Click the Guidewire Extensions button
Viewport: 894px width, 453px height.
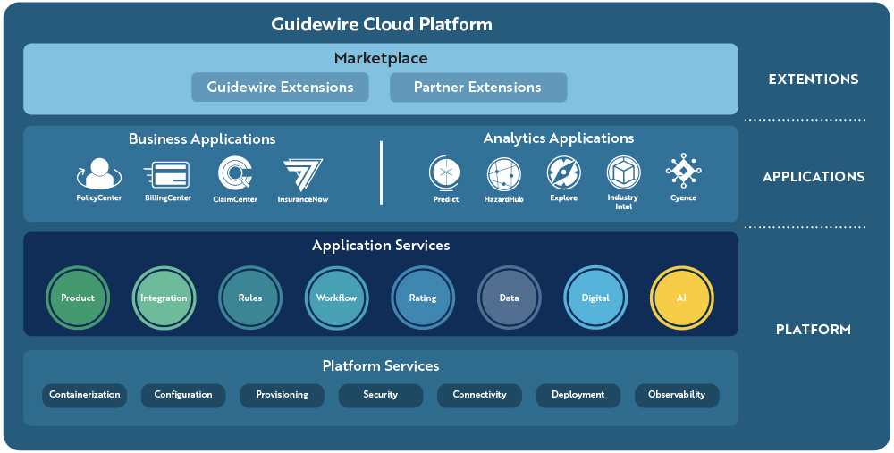(280, 88)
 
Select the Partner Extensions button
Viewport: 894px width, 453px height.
(478, 88)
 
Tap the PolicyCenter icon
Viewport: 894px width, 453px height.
(99, 173)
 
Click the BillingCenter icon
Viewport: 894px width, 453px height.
(167, 173)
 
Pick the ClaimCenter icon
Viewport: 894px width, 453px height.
(235, 173)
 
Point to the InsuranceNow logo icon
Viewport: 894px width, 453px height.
(303, 173)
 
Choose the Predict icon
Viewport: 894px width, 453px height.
(444, 172)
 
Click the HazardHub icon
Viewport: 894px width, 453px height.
(503, 172)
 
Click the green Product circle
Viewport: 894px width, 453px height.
(78, 298)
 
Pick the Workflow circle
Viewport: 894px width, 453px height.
(337, 298)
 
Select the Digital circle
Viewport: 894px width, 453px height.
(595, 298)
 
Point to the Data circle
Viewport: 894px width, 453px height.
(509, 298)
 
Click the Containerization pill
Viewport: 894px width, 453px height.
(84, 395)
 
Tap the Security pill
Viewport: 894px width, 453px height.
(381, 395)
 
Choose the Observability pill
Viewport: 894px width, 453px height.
(677, 395)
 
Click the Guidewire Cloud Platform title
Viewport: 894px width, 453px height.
(382, 24)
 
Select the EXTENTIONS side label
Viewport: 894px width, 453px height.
(814, 80)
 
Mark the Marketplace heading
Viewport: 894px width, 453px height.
(381, 59)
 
